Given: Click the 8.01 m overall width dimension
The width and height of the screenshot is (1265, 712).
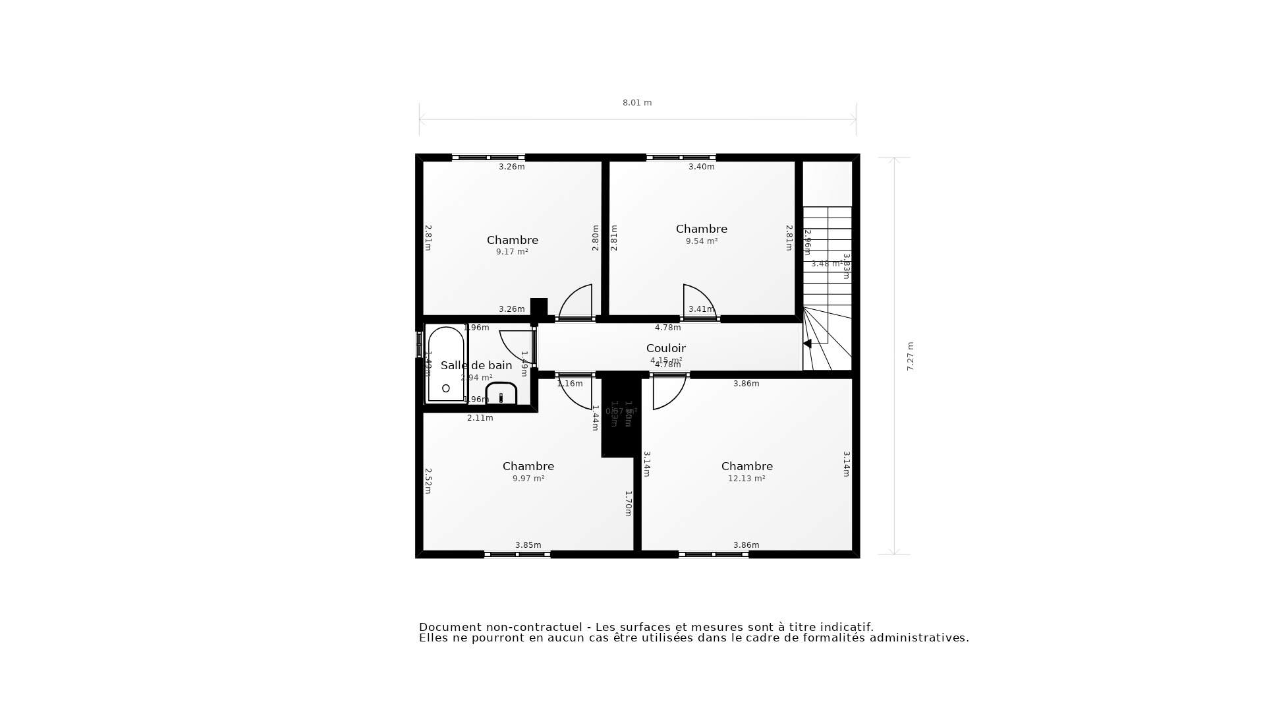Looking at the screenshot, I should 637,103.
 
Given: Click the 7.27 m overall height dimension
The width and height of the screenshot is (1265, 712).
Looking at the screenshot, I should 911,356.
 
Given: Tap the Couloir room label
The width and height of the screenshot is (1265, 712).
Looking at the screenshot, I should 665,348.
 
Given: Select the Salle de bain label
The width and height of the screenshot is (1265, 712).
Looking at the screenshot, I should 476,365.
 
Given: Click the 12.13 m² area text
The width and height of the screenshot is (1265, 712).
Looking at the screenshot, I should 746,479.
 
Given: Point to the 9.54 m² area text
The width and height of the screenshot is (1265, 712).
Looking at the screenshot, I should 701,241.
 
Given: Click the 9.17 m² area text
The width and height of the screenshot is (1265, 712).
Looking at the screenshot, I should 512,252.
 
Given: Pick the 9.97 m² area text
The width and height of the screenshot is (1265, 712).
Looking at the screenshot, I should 528,479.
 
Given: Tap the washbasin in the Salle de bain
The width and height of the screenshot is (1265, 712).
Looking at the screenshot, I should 501,394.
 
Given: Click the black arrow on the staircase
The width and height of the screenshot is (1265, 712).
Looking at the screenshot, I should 807,343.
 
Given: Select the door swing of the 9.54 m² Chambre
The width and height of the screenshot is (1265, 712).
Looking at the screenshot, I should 697,301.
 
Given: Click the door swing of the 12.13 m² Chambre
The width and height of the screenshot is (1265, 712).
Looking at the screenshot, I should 667,394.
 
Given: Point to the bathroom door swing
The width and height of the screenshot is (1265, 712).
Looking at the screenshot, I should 517,345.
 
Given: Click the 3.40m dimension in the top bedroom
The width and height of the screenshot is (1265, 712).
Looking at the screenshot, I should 701,167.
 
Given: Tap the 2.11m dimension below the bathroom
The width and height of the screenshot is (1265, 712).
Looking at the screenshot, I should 480,418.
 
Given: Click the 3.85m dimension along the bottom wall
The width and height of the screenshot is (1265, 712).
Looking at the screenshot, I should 528,545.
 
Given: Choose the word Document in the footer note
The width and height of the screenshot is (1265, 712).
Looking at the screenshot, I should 445,627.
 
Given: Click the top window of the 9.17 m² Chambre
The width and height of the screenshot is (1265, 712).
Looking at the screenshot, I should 488,158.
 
